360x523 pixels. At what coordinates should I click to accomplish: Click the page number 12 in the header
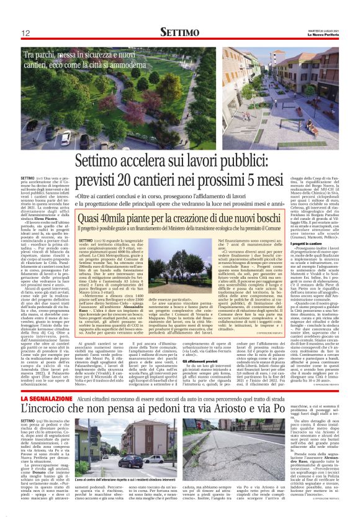click(x=26, y=33)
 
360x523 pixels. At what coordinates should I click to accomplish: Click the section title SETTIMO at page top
click(x=181, y=32)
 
